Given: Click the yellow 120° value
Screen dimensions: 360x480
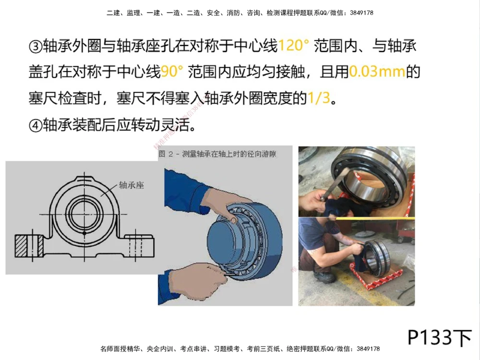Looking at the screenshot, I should [294, 46].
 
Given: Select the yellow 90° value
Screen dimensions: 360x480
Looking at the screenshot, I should [172, 72].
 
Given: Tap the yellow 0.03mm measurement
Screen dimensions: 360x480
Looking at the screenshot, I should [377, 72].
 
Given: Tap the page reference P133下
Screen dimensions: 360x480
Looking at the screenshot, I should [440, 337].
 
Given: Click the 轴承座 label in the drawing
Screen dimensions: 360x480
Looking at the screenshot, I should [131, 184].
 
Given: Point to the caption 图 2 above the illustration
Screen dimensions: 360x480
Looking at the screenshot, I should [168, 154].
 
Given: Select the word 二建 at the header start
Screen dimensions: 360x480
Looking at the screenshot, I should [112, 13].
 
